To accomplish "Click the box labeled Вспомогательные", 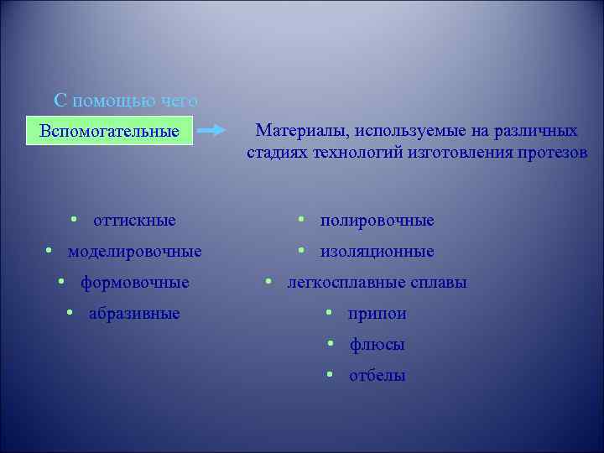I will (x=109, y=132).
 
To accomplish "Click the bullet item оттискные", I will (x=134, y=221).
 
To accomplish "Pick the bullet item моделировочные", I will (x=134, y=252).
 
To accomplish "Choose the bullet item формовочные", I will (x=134, y=283).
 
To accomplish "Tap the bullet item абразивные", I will (x=134, y=314).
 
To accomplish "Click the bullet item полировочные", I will (x=377, y=221).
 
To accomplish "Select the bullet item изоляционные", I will (x=377, y=252).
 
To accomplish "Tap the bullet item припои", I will (x=377, y=314).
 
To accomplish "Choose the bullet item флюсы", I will (x=377, y=345).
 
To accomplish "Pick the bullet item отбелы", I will (x=377, y=376).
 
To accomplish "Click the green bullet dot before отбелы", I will (x=331, y=374).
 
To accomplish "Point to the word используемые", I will (x=409, y=132).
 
